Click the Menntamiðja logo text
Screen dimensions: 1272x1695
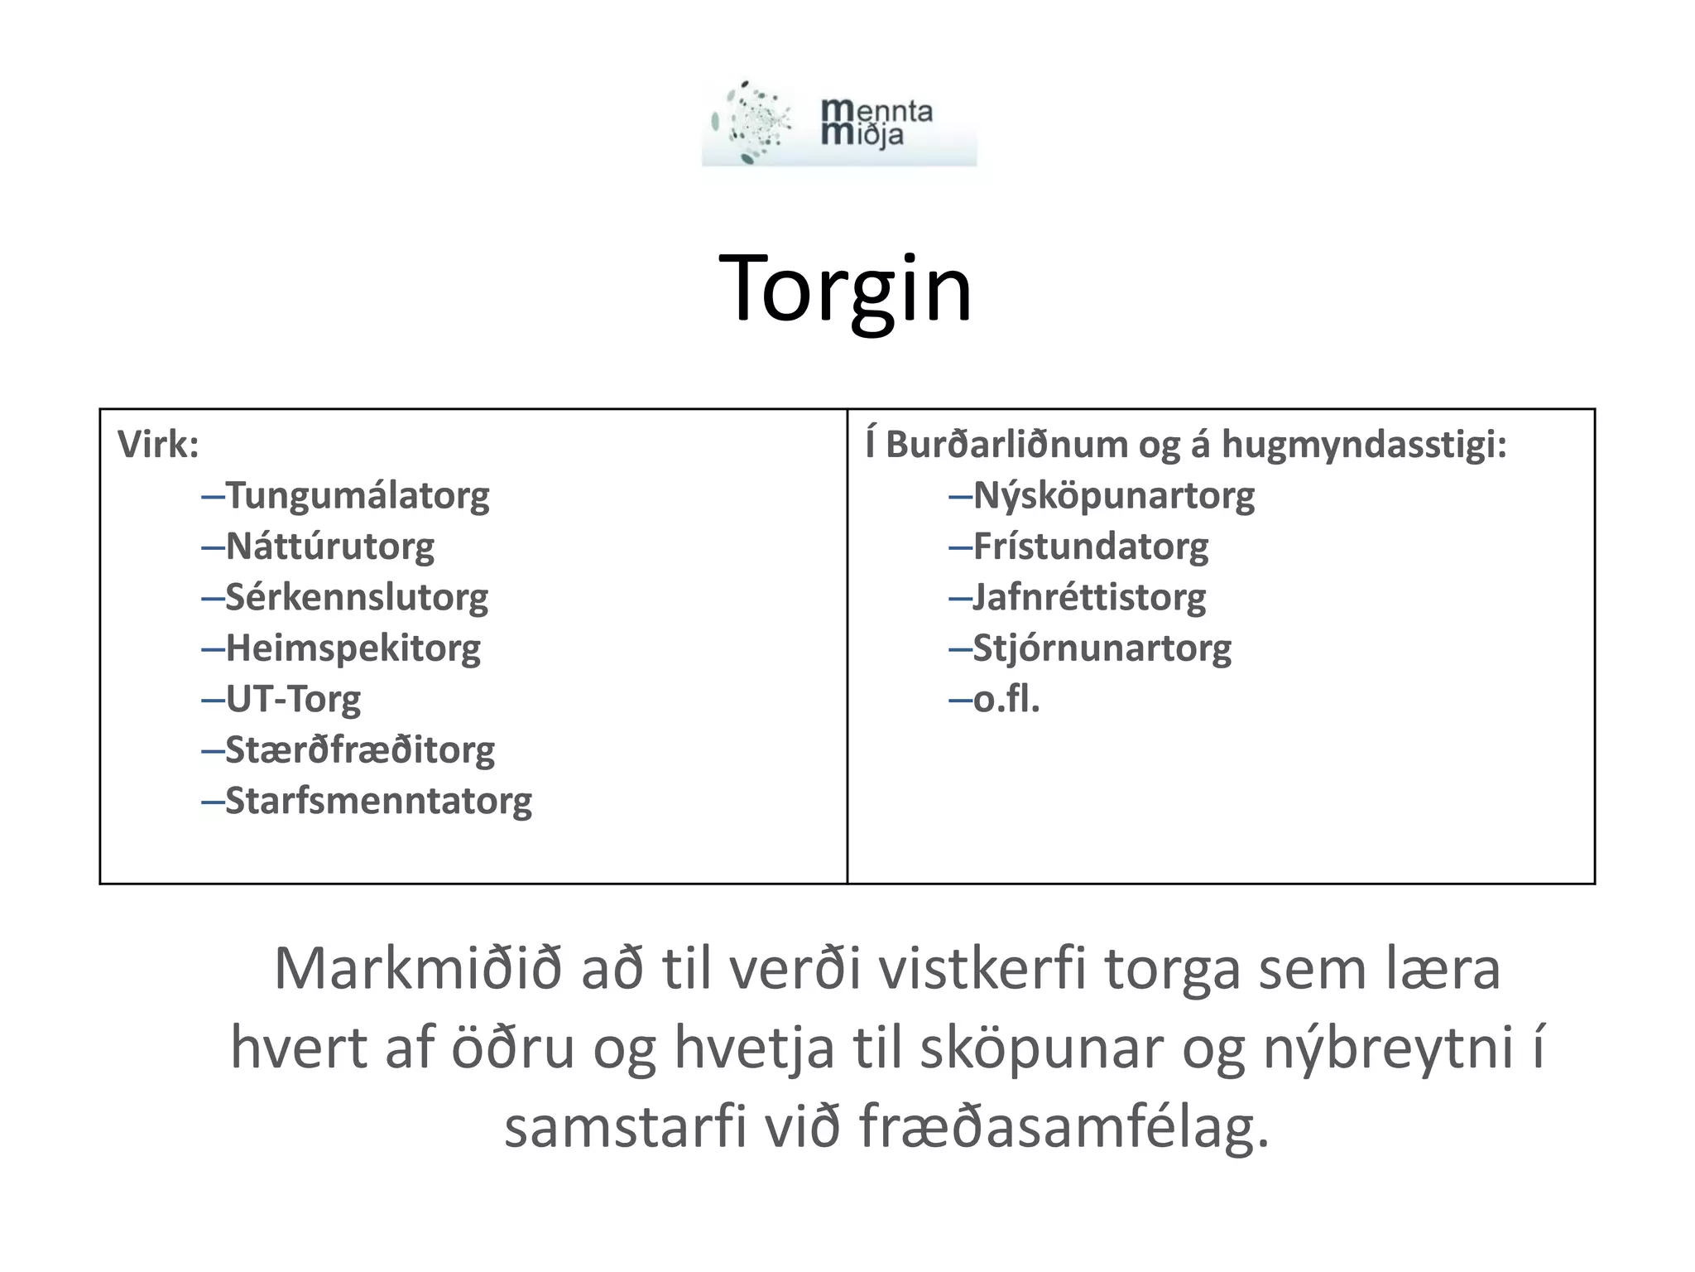(876, 123)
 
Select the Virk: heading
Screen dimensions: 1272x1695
(158, 445)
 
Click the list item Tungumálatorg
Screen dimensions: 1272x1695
(357, 496)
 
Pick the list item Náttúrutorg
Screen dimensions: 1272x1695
(329, 547)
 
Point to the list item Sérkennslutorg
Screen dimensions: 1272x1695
(356, 597)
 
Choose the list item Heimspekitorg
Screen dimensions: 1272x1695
(353, 648)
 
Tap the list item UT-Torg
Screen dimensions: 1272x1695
(293, 700)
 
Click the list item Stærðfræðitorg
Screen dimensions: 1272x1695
(359, 750)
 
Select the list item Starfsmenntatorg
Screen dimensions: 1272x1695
(378, 801)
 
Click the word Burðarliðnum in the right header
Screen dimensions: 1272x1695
(1006, 445)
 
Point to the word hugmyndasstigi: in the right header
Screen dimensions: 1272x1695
(1364, 445)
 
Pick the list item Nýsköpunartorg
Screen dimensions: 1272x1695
(1113, 496)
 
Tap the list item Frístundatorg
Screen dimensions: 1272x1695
(1090, 547)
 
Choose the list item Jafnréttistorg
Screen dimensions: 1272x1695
(1088, 597)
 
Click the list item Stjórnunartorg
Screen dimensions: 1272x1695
(1102, 648)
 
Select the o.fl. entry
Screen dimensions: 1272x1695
(1006, 700)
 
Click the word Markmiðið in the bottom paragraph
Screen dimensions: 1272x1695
(417, 969)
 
